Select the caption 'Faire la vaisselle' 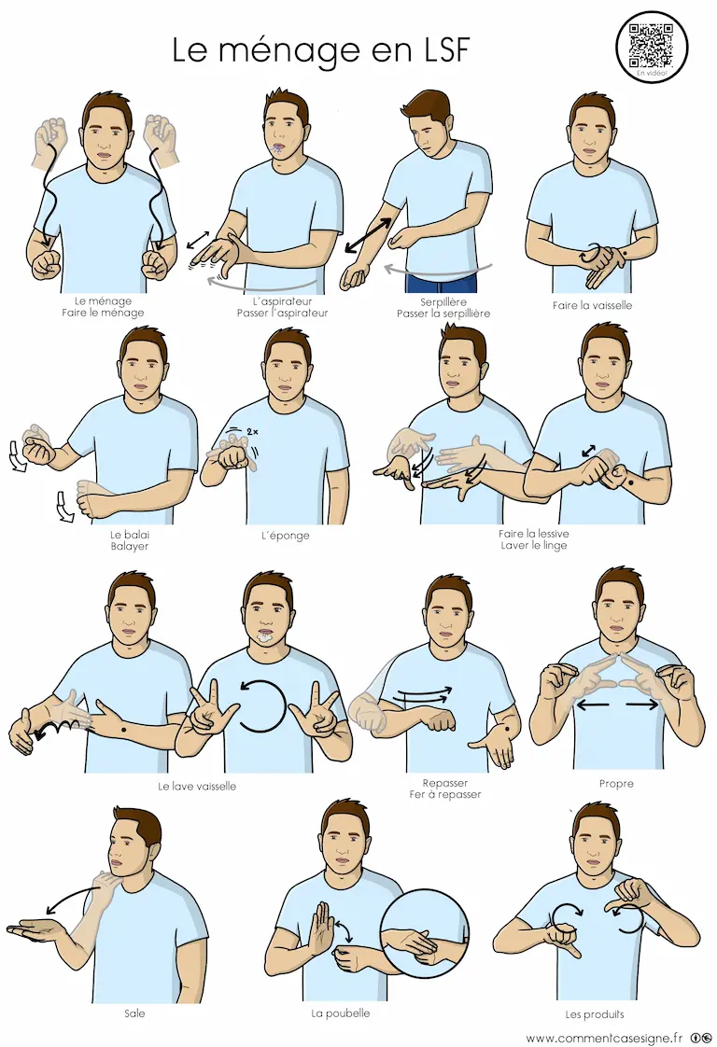(x=592, y=305)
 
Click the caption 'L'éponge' (x=286, y=535)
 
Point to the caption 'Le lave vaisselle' (x=197, y=786)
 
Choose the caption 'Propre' (x=616, y=783)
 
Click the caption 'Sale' (x=134, y=1013)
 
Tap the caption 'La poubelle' (x=340, y=1013)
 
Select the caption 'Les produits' (x=595, y=1014)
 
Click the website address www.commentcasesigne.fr (x=604, y=1038)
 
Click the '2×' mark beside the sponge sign (x=251, y=432)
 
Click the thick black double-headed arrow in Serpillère (x=369, y=235)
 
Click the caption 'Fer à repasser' (x=445, y=795)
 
